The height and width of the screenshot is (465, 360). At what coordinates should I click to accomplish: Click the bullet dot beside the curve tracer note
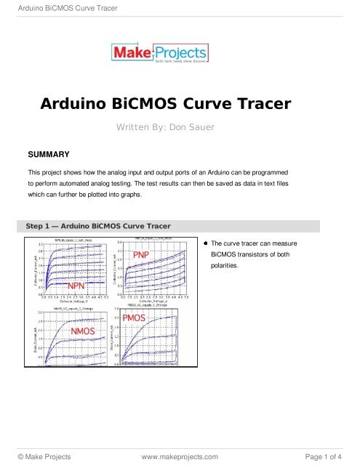pos(206,243)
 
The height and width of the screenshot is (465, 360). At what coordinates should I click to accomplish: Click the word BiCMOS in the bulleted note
pos(224,254)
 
